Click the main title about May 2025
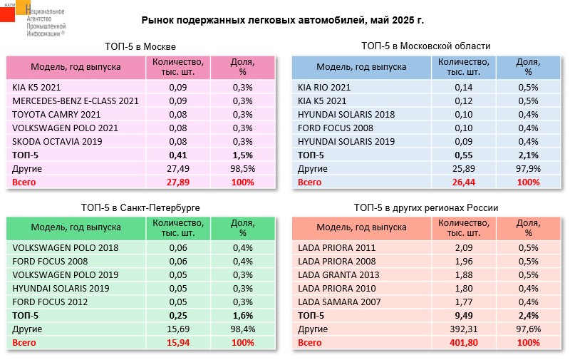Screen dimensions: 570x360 pos(282,20)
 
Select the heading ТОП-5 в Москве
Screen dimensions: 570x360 pos(140,46)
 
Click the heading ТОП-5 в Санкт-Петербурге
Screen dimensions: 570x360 pos(140,207)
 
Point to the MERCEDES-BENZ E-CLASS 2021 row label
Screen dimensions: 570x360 pos(76,101)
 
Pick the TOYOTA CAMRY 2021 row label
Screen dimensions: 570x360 pos(56,114)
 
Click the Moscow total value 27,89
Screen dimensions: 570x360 pos(177,182)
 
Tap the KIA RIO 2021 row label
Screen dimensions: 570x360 pos(324,87)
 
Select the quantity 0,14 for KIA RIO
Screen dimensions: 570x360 pos(464,87)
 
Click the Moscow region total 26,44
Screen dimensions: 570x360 pos(464,182)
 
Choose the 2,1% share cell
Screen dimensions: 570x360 pos(528,155)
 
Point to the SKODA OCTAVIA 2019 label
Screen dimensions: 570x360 pos(57,141)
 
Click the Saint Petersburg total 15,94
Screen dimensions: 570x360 pos(178,343)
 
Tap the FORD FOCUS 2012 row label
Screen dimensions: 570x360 pos(50,302)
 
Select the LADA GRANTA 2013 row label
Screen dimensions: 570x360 pos(338,274)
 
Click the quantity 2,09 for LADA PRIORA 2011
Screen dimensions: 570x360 pos(464,247)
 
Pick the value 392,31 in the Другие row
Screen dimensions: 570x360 pos(464,329)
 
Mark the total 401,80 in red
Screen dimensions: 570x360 pos(464,343)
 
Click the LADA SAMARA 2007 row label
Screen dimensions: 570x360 pos(339,302)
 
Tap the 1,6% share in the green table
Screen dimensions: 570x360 pos(242,316)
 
